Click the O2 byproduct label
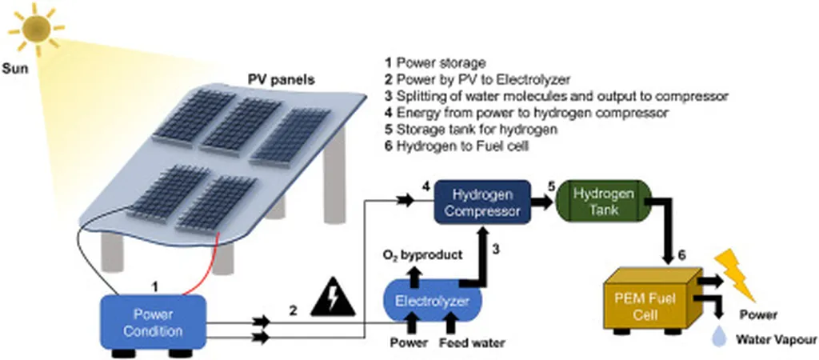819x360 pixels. click(421, 255)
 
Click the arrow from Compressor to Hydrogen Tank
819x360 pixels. click(545, 203)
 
